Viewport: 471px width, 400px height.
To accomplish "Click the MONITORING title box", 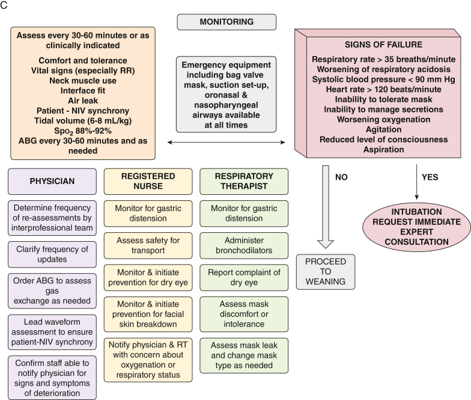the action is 226,22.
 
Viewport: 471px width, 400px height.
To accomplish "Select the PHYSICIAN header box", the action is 52,182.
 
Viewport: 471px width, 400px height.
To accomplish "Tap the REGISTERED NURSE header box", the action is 148,182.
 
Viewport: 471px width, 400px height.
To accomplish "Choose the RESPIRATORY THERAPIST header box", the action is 244,182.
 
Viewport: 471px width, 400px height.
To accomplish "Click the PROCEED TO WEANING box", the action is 326,272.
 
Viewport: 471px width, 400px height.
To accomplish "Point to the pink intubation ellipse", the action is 417,227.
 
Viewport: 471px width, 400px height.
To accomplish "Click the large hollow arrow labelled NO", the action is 326,207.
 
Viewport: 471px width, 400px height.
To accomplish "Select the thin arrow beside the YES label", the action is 417,182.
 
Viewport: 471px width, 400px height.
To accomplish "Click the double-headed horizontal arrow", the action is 226,142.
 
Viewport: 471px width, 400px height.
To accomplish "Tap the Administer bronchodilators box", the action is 244,245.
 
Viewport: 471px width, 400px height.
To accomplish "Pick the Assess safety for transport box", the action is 148,245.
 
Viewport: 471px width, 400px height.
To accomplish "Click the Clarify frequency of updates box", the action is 52,254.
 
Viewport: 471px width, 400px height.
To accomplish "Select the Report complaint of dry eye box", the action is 244,278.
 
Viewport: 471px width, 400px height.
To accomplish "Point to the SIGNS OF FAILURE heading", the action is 383,45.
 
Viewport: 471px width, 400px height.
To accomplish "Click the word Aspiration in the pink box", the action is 383,149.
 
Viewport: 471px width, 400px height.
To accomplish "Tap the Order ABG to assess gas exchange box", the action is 52,291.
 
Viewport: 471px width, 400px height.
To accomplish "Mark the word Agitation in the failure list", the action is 383,130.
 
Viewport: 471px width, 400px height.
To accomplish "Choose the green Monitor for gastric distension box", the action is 244,214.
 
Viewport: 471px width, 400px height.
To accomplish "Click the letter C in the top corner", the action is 4,5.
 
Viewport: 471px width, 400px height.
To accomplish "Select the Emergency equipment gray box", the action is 226,94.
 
